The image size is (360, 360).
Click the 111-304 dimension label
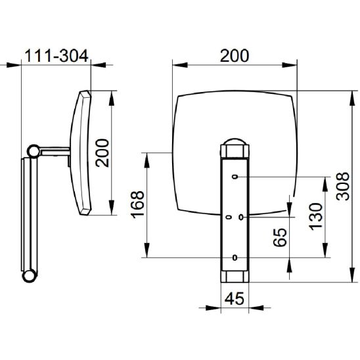click(56, 56)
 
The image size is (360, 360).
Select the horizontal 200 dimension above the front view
click(235, 56)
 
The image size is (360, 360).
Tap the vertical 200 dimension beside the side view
click(102, 153)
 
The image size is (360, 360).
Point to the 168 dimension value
click(137, 204)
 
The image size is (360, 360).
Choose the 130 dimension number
click(315, 217)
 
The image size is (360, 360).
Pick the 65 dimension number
click(280, 237)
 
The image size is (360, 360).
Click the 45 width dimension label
click(235, 299)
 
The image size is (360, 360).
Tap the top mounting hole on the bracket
click(235, 177)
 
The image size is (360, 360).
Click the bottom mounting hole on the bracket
click(235, 258)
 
